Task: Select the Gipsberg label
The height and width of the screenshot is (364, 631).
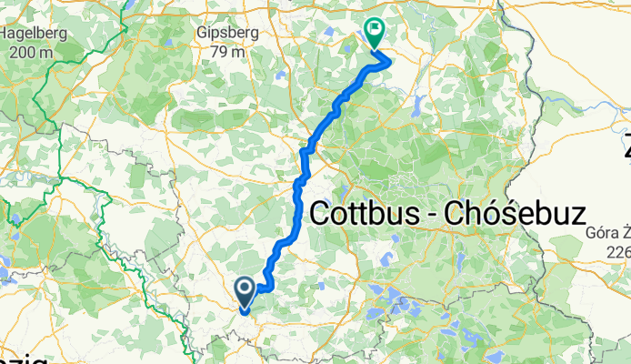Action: (x=227, y=34)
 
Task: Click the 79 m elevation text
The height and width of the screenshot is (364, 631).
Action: (x=227, y=52)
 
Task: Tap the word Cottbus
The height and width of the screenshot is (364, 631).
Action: (x=368, y=215)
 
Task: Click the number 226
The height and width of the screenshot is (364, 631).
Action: (x=618, y=252)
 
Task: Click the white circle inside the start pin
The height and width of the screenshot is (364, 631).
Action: (x=245, y=289)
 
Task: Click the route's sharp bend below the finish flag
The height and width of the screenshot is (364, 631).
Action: (x=390, y=61)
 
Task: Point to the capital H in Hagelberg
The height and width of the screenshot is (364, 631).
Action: (x=6, y=34)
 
